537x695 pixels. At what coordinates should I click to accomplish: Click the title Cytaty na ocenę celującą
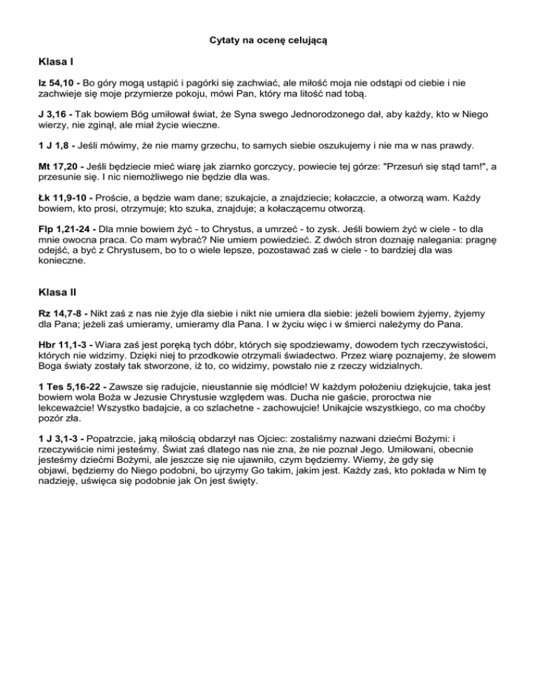click(268, 41)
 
